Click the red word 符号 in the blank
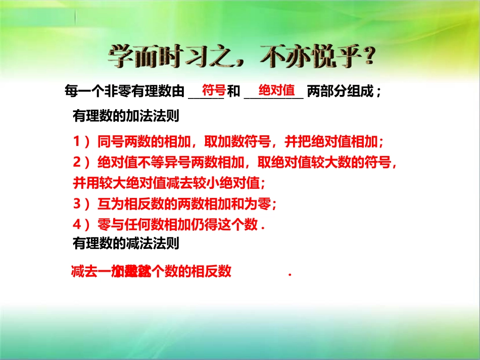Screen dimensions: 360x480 click(x=213, y=91)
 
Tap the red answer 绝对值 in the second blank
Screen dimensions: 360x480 click(x=276, y=91)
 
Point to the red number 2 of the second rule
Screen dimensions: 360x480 click(x=77, y=162)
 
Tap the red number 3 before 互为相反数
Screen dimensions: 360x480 click(x=77, y=203)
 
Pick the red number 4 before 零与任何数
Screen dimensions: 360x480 click(x=77, y=224)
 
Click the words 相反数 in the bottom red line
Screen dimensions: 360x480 click(x=212, y=272)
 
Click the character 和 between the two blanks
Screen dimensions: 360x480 click(x=233, y=91)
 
